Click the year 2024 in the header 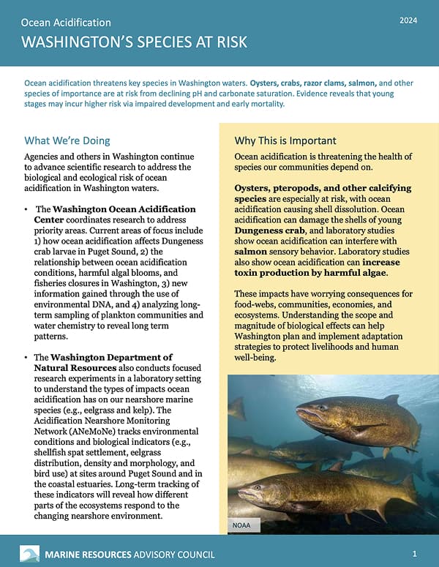408,20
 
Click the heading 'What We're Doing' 67,140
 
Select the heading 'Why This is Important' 285,140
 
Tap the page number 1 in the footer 415,553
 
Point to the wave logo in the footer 29,553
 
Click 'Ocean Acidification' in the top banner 67,23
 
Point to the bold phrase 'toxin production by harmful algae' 312,271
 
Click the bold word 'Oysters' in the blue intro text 265,83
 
